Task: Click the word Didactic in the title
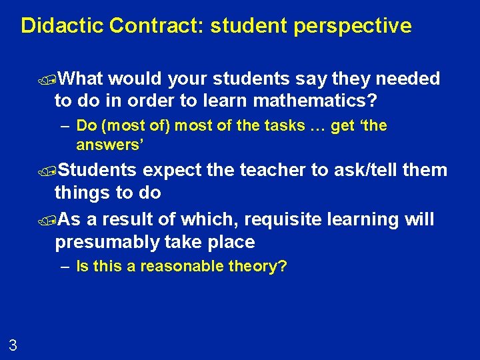pos(62,26)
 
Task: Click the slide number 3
pos(13,345)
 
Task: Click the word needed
pos(408,79)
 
